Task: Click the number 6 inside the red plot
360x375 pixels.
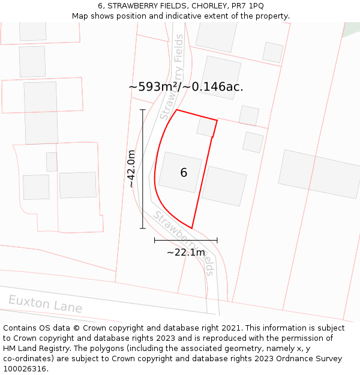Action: coord(184,173)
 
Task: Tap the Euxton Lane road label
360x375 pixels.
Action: coord(45,304)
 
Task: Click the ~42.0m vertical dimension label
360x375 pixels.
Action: coord(131,169)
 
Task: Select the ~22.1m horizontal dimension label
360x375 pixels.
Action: coord(186,252)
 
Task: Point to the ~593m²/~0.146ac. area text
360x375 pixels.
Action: coord(186,87)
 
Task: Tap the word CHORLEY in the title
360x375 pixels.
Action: coord(206,6)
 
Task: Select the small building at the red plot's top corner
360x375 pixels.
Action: coord(206,127)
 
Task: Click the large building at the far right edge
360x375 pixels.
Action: coord(320,173)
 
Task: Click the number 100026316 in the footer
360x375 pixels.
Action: coord(25,369)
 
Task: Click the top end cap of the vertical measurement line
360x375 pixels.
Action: coord(143,110)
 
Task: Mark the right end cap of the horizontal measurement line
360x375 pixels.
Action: coord(217,240)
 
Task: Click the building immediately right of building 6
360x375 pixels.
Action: coord(224,186)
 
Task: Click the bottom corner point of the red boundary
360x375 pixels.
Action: coord(192,228)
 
